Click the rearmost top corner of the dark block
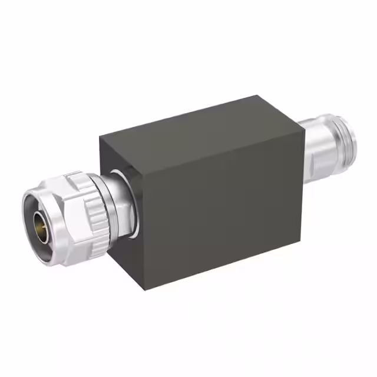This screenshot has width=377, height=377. point(257,95)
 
